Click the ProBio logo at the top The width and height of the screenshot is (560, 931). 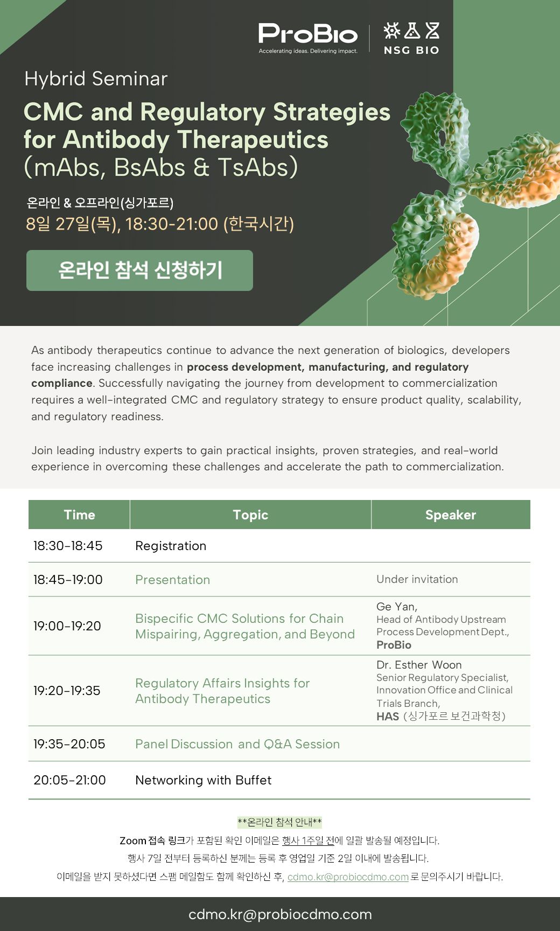(308, 38)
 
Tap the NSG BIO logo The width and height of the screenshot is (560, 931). (411, 38)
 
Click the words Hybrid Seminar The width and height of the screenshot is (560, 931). (96, 79)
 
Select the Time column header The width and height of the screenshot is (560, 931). (79, 515)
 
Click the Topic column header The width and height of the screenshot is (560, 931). (250, 515)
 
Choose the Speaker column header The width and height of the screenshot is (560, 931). (451, 515)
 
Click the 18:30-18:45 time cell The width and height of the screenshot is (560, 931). (68, 546)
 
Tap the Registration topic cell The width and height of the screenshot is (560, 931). (171, 546)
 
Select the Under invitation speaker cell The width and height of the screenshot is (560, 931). (417, 579)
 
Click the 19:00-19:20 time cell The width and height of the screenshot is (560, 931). (67, 626)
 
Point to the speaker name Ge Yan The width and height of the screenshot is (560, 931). (397, 607)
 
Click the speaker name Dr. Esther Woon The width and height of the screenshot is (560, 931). (419, 665)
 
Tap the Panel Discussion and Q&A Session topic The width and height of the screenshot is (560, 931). (237, 744)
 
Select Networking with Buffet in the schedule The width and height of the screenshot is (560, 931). (204, 780)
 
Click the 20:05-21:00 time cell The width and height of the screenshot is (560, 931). (69, 780)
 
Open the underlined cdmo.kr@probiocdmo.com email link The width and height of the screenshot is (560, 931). (348, 877)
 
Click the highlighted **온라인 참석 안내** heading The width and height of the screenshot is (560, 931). (279, 822)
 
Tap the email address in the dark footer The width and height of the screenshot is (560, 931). (280, 914)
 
